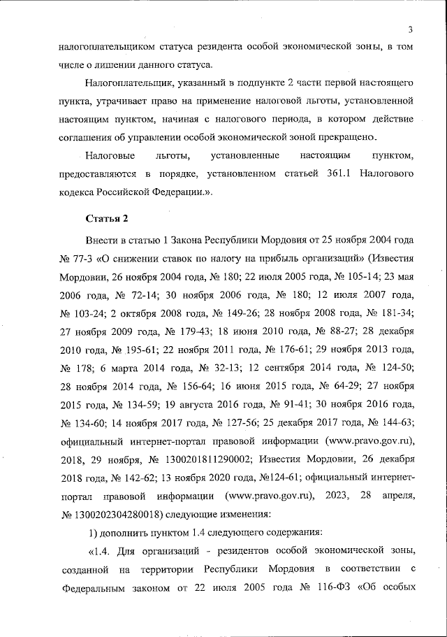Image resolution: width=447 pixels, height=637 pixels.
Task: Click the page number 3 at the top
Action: click(411, 29)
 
